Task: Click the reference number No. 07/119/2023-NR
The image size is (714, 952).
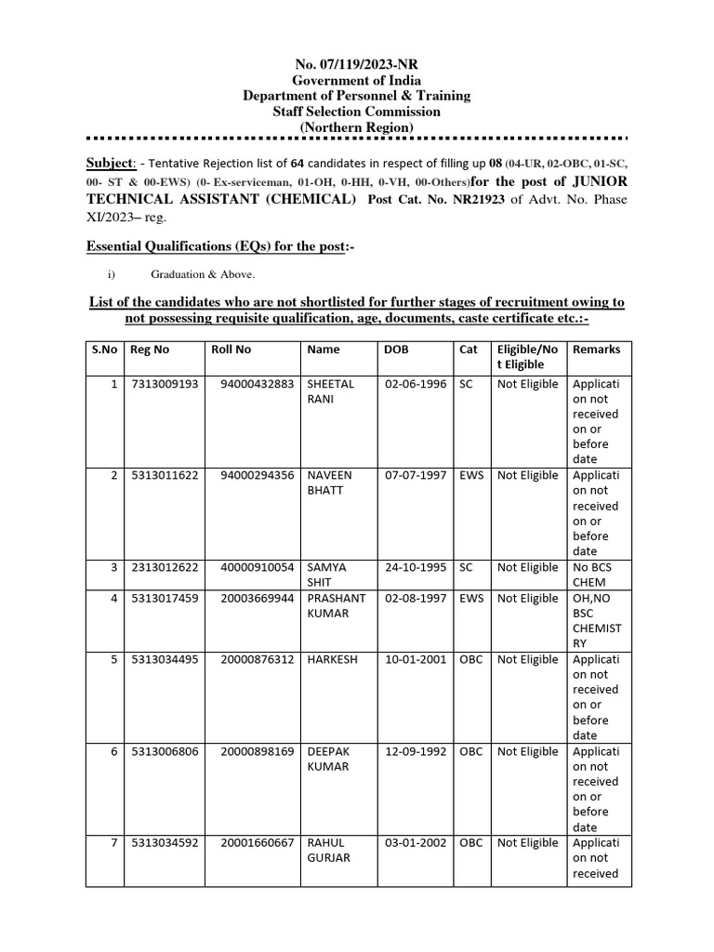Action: pos(356,65)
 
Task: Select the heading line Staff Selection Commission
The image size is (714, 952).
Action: pos(356,112)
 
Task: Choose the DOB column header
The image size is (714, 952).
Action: pos(395,350)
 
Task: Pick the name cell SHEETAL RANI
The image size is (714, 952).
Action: pos(330,391)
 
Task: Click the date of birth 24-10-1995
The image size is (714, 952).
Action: pos(415,568)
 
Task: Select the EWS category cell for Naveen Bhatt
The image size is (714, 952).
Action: pos(471,476)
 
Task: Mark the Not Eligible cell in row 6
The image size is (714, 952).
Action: pos(527,752)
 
